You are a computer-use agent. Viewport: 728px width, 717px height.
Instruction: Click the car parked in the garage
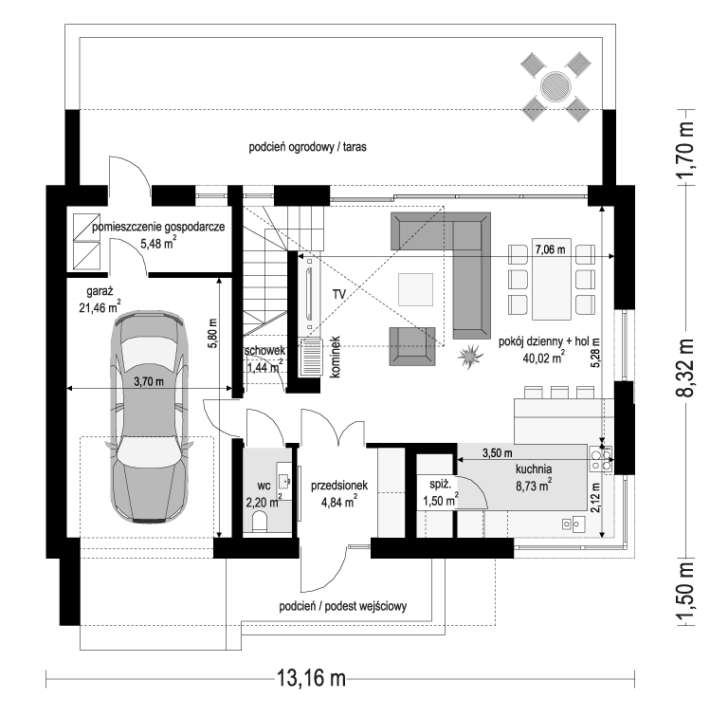pyautogui.click(x=150, y=417)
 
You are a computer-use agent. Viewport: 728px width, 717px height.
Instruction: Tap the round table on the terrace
pyautogui.click(x=555, y=86)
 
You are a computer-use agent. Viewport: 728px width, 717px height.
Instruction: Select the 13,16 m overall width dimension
pyautogui.click(x=312, y=678)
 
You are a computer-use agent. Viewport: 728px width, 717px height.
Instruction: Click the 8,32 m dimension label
pyautogui.click(x=684, y=367)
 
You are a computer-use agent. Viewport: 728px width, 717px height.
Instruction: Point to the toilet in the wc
pyautogui.click(x=259, y=522)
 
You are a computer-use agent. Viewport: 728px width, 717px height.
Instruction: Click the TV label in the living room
pyautogui.click(x=339, y=294)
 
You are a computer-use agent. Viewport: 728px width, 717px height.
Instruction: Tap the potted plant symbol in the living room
pyautogui.click(x=470, y=356)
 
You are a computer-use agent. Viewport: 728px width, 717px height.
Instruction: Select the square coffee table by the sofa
pyautogui.click(x=415, y=289)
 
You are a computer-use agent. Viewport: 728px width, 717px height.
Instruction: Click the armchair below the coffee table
pyautogui.click(x=412, y=346)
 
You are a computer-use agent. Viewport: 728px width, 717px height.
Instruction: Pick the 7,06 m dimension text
pyautogui.click(x=550, y=249)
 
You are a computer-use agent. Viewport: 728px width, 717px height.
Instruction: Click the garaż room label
pyautogui.click(x=100, y=291)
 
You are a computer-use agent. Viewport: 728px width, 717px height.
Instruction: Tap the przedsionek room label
pyautogui.click(x=339, y=486)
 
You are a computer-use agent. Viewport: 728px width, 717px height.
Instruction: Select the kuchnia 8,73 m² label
pyautogui.click(x=534, y=477)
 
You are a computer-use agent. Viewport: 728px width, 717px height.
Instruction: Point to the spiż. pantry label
pyautogui.click(x=440, y=484)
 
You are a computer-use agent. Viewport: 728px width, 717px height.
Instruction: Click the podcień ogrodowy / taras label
pyautogui.click(x=307, y=147)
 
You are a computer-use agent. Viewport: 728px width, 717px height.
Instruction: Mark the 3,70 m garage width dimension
pyautogui.click(x=149, y=381)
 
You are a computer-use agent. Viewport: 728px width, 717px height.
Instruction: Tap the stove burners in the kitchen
pyautogui.click(x=601, y=459)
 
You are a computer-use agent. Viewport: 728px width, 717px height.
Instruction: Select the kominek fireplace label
pyautogui.click(x=336, y=357)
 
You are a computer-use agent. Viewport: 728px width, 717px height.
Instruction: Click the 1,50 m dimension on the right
pyautogui.click(x=684, y=595)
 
